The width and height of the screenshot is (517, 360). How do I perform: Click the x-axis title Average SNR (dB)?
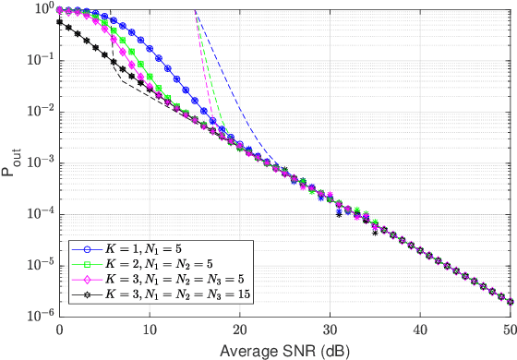click(x=284, y=351)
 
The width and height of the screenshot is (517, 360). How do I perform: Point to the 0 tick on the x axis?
click(x=59, y=330)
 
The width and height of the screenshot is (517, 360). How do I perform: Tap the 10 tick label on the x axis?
click(x=150, y=330)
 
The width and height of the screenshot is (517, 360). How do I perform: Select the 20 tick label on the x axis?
click(x=239, y=330)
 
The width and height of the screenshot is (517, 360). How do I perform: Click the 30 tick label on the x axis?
click(x=330, y=330)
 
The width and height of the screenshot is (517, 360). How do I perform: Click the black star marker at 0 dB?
click(x=59, y=21)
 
